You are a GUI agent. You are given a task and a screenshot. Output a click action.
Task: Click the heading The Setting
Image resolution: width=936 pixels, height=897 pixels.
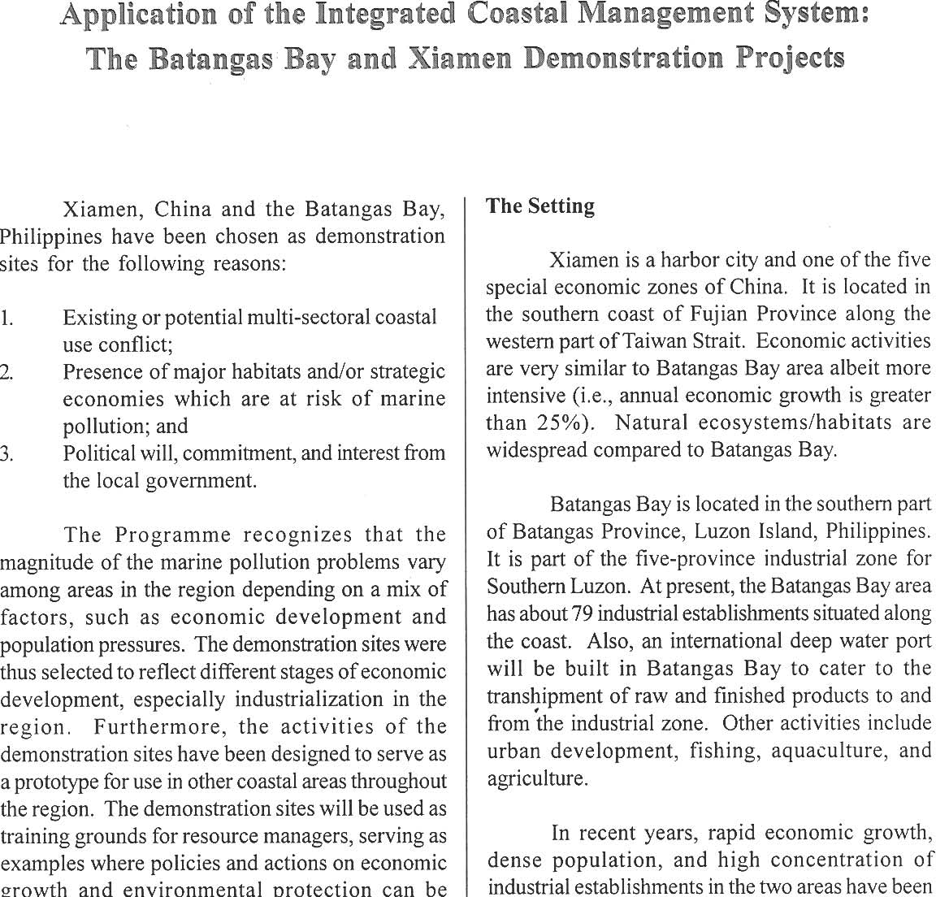pyautogui.click(x=540, y=206)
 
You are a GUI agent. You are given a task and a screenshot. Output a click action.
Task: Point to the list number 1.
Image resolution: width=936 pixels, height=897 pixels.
pyautogui.click(x=6, y=318)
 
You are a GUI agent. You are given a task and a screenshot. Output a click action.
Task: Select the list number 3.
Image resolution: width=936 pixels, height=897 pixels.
pyautogui.click(x=6, y=453)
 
